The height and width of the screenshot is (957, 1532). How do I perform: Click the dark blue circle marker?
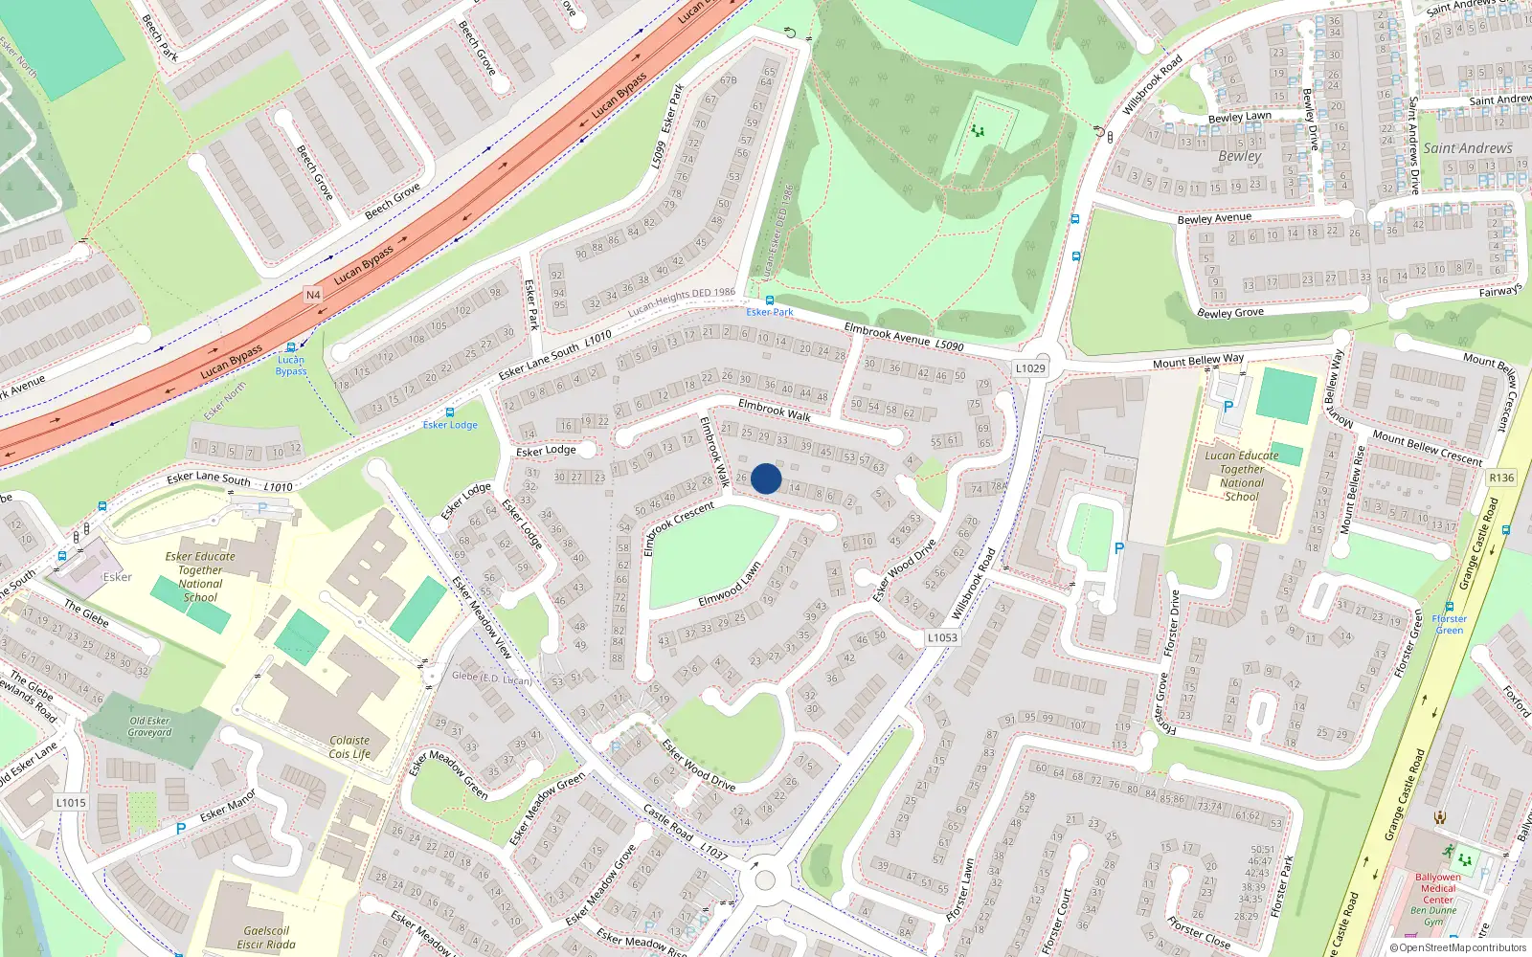coord(766,478)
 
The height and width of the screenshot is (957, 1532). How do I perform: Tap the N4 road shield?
coord(313,295)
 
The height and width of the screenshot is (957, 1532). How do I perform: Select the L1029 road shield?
coord(1030,368)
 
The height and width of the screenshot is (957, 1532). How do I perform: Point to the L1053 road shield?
coord(942,637)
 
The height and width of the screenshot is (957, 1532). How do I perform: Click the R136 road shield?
coord(1501,478)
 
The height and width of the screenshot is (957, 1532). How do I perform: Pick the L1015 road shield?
coord(71,802)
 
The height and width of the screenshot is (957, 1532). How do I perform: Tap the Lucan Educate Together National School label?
coord(1242,476)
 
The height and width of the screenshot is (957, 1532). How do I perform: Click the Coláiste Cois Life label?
coord(349,746)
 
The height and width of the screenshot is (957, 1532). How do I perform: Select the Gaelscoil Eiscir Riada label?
coord(266,937)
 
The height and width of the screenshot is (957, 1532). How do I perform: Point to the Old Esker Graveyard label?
coord(150,726)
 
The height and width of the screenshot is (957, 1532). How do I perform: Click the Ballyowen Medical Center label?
coord(1438,888)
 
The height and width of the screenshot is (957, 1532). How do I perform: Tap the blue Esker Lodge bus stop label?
coord(450,425)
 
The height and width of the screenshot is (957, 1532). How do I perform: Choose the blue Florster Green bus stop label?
coord(1450,624)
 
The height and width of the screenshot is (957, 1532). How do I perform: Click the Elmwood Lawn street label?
coord(730,585)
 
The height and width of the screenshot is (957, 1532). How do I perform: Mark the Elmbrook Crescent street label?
coord(678,528)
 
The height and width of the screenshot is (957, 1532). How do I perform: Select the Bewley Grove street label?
coord(1230,313)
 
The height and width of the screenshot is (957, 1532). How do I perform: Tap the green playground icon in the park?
coord(978,130)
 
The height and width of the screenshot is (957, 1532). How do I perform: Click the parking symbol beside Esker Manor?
coord(180,829)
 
